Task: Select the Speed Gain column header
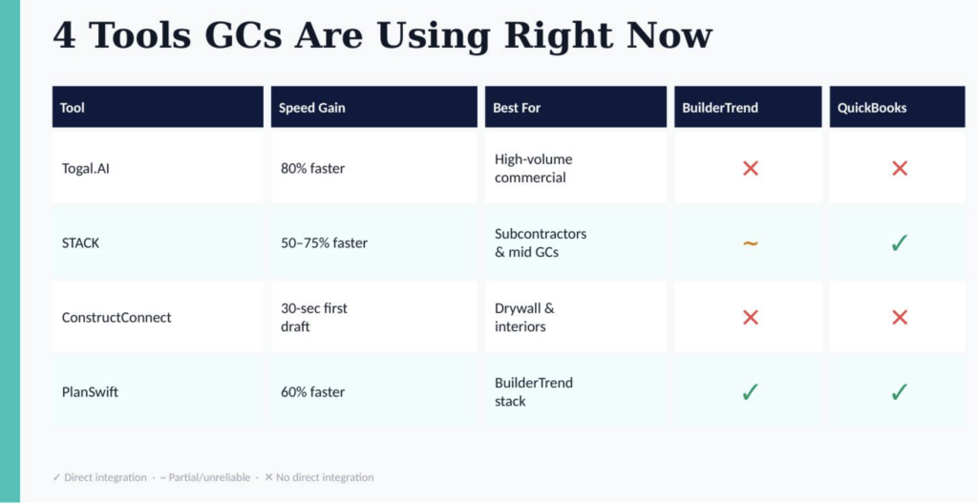312,108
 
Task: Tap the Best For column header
517,108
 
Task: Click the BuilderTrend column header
720,108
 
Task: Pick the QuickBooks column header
871,108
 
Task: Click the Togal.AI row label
85,168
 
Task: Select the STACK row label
80,243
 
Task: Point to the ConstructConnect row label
116,317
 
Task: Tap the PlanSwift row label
90,392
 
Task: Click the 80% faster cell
312,168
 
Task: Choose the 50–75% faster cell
324,243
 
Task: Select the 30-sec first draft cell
313,317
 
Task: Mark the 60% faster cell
312,392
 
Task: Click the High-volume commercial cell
533,168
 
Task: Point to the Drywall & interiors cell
524,317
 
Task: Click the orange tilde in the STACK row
751,243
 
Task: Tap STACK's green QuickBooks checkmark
899,243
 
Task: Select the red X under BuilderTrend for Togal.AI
751,168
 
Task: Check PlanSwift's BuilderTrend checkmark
751,392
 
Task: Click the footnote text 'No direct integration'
325,477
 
